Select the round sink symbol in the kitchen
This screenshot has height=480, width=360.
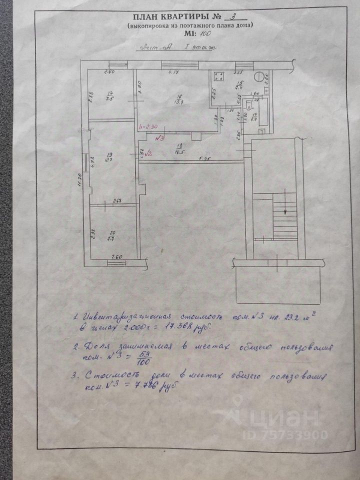click(x=258, y=76)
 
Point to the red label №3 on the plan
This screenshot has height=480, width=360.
click(x=160, y=137)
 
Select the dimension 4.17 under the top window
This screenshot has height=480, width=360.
click(x=173, y=73)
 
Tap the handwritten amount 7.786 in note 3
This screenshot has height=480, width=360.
click(x=137, y=386)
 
